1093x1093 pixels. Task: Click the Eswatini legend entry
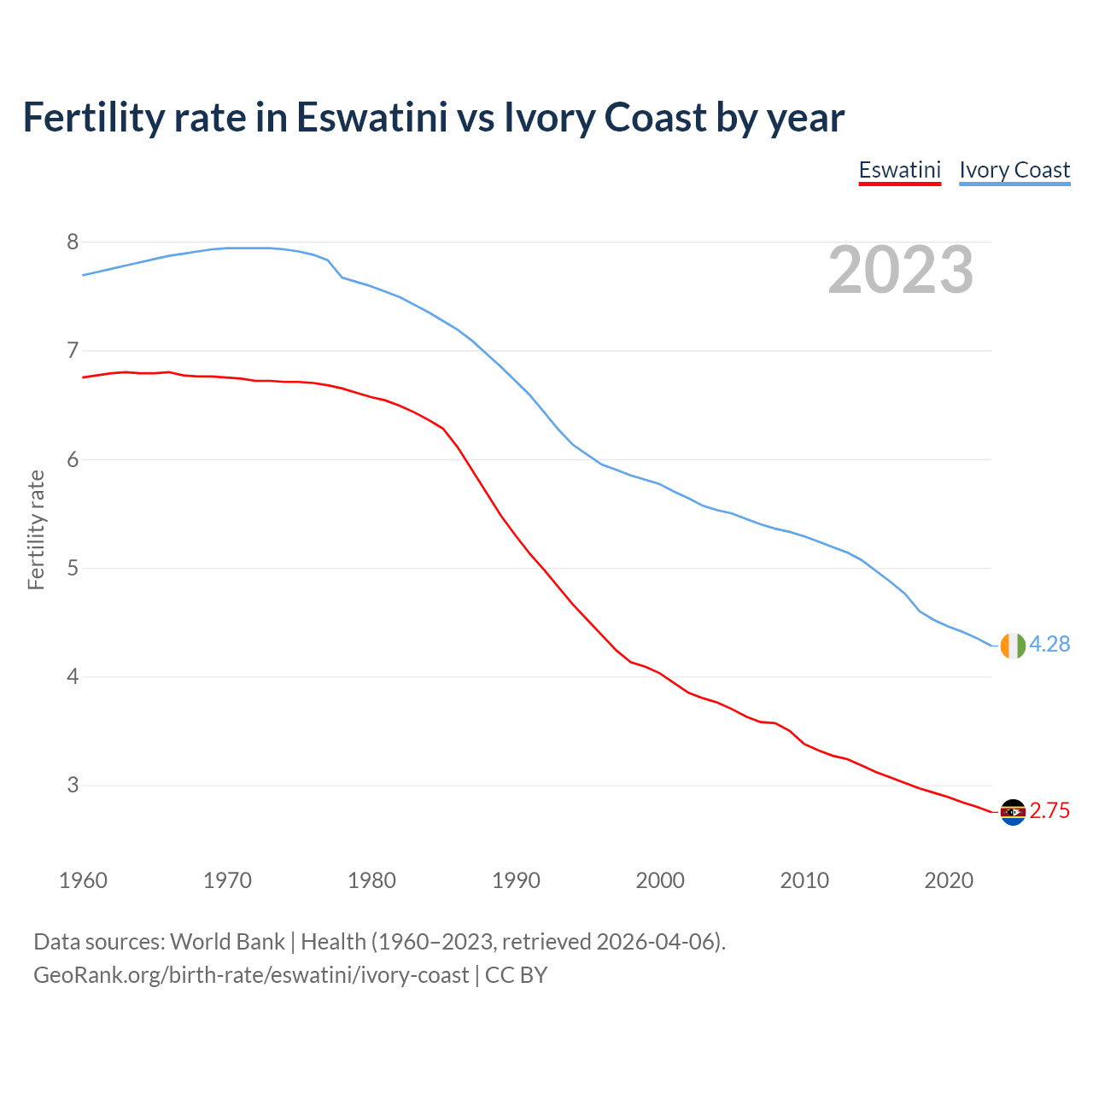click(899, 170)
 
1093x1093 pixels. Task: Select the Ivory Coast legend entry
click(1014, 170)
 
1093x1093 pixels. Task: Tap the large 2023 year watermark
click(901, 270)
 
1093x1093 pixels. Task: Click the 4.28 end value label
click(1049, 645)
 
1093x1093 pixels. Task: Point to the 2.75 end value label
click(1049, 811)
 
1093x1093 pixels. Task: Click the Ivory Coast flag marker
click(1013, 646)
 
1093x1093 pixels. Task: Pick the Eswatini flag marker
click(1013, 812)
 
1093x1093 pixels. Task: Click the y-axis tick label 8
click(73, 243)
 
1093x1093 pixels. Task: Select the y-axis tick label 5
click(73, 568)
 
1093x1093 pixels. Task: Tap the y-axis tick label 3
click(73, 785)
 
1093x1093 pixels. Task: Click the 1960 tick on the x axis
click(83, 880)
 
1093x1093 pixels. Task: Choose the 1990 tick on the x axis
click(516, 880)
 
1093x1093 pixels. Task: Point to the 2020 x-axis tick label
click(949, 880)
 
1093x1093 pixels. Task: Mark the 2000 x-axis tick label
click(660, 880)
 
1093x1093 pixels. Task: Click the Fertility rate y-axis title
click(36, 529)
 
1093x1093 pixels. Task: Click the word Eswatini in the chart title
click(371, 117)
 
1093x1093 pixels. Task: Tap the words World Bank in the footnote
click(227, 942)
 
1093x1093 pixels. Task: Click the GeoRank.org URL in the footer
click(251, 975)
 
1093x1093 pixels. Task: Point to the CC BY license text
click(516, 975)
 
